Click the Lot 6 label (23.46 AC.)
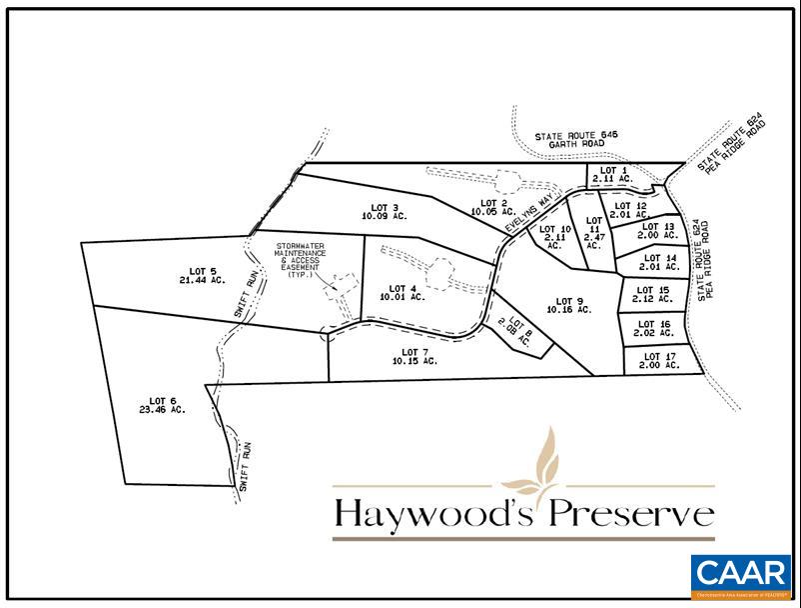(164, 405)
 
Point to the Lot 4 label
(401, 292)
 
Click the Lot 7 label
(414, 356)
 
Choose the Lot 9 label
(569, 305)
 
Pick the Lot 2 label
(492, 207)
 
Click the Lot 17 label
(660, 361)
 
